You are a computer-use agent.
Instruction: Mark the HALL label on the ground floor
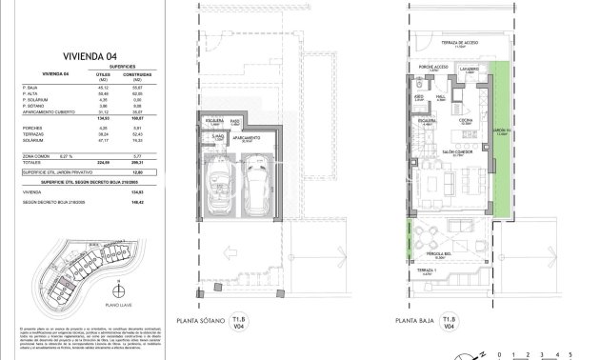[x=441, y=97]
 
